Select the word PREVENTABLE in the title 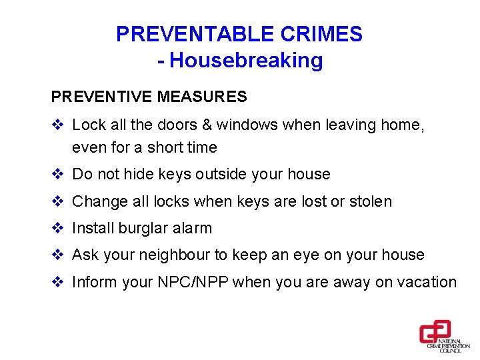pos(193,34)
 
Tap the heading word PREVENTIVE pos(102,97)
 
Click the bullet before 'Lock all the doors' pos(57,125)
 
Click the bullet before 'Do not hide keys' pos(57,175)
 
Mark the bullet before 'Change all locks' pos(57,201)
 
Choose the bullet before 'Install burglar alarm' pos(57,228)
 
